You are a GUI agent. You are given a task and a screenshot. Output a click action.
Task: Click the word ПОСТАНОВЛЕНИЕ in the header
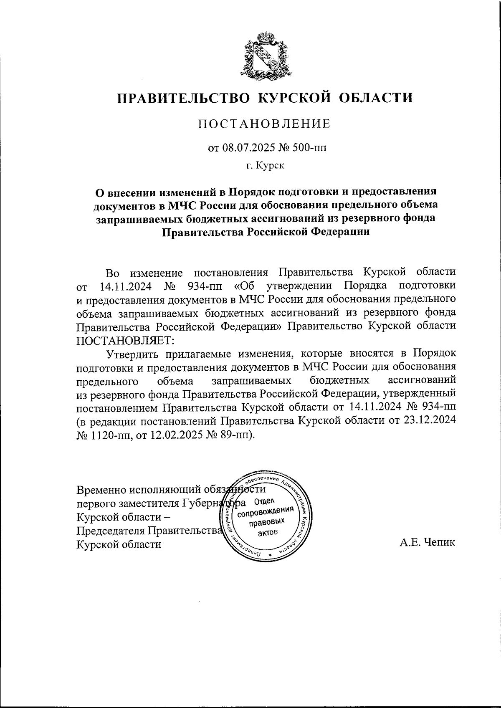264,124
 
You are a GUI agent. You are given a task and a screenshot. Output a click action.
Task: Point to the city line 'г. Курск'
265,166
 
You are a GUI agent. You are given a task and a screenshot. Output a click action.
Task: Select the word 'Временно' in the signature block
101,489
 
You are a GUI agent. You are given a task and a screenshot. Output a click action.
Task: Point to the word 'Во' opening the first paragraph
112,273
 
